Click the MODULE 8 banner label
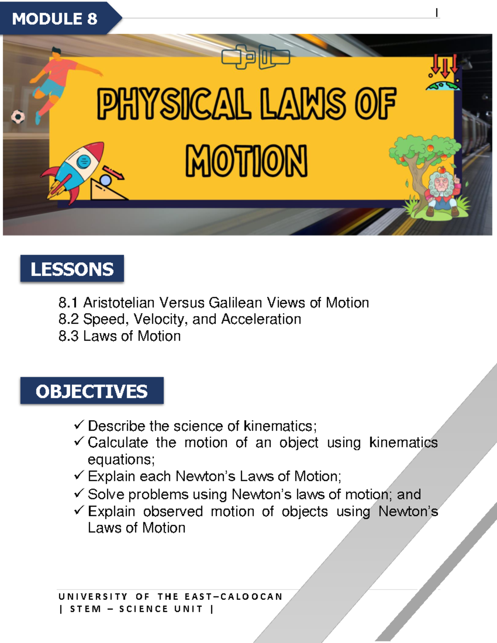(55, 19)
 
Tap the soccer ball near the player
(18, 117)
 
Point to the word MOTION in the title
(246, 161)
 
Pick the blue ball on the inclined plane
(106, 181)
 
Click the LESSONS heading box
(72, 269)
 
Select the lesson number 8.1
(68, 303)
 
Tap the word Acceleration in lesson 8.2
(261, 319)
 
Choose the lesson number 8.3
(68, 336)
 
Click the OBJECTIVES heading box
(92, 391)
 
